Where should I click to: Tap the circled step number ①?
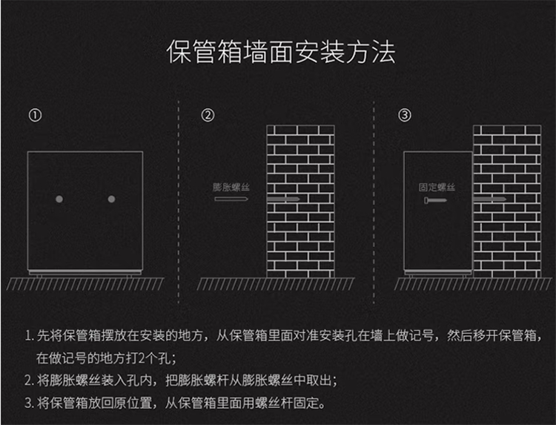[x=35, y=116]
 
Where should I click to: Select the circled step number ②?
[x=208, y=116]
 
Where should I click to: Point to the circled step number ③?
[x=405, y=116]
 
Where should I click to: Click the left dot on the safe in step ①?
[x=59, y=199]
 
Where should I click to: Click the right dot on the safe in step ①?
[x=112, y=199]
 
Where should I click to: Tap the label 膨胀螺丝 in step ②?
[x=231, y=188]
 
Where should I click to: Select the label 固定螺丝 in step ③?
[x=437, y=188]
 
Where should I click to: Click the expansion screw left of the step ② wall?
[x=231, y=200]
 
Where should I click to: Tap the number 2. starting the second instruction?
[x=29, y=381]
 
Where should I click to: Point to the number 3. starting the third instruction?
[x=29, y=404]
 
